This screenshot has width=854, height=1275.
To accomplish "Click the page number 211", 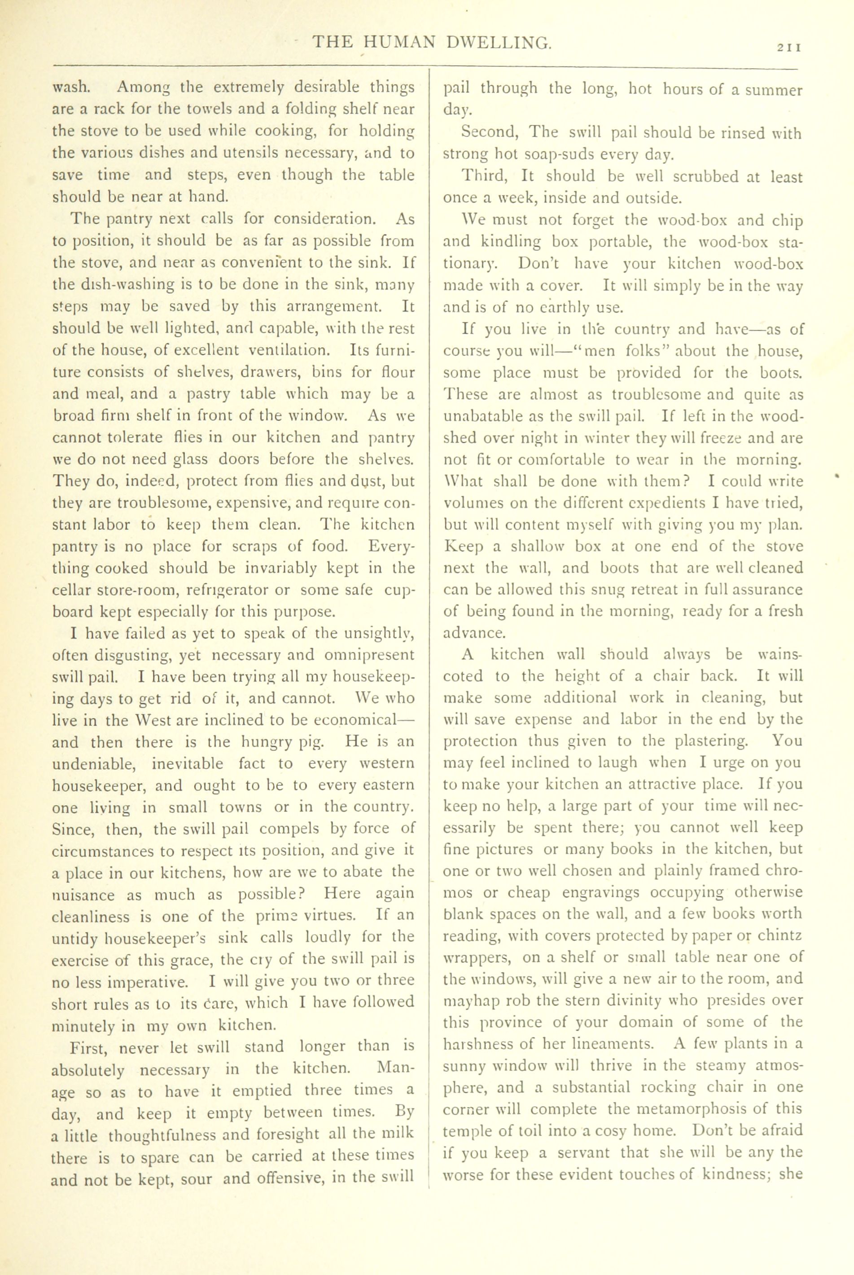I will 788,48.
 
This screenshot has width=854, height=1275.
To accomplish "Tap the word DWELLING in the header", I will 497,43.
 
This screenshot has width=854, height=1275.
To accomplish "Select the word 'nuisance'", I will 83,895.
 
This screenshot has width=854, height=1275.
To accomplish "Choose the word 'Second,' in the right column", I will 490,133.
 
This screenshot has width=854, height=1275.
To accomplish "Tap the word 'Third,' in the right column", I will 486,176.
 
